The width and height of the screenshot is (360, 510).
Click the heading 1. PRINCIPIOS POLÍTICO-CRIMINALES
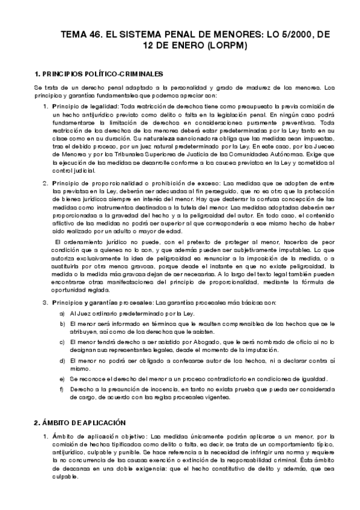[99, 74]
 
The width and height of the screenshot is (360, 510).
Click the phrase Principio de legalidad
[85, 106]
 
